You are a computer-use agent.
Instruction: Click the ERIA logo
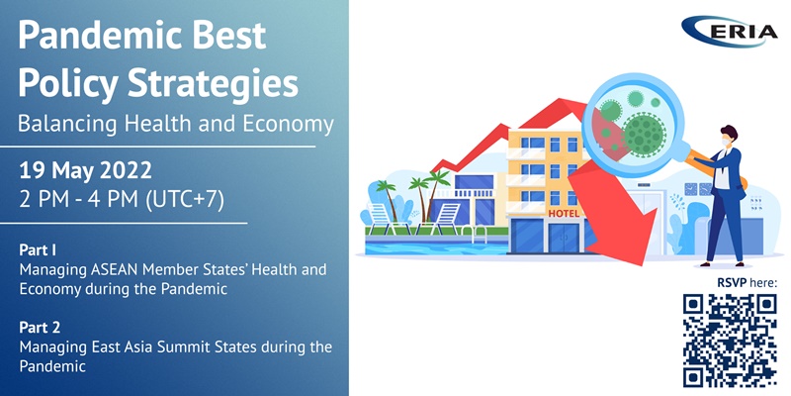[x=730, y=32]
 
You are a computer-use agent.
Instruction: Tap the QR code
[x=730, y=341]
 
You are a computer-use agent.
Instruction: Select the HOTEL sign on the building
[x=564, y=214]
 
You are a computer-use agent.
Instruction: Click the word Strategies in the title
[x=213, y=83]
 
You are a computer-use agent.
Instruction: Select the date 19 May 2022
[x=85, y=171]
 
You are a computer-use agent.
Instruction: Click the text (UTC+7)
[x=184, y=200]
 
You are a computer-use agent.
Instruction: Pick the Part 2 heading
[x=40, y=328]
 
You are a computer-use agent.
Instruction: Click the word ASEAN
[x=115, y=269]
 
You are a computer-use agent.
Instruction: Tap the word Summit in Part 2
[x=166, y=347]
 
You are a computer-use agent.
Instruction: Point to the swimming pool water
[x=436, y=248]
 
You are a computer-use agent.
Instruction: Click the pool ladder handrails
[x=474, y=233]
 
